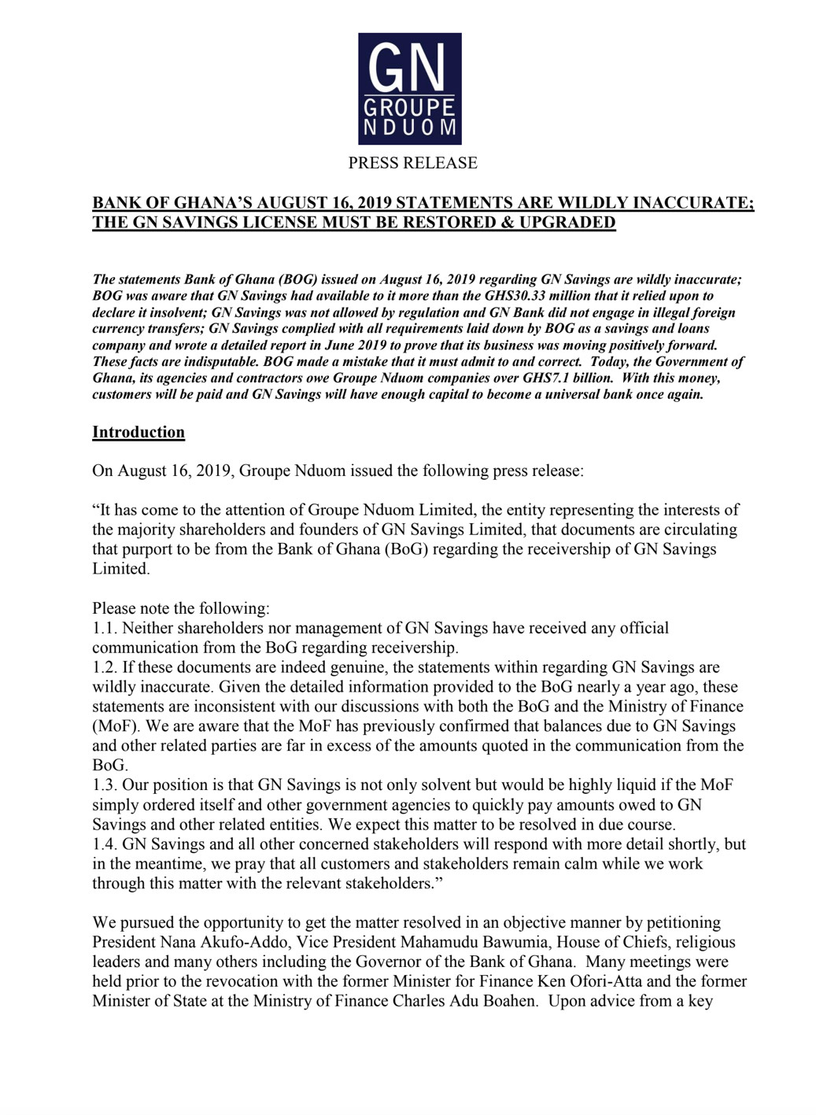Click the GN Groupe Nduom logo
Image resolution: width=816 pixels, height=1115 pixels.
(x=409, y=88)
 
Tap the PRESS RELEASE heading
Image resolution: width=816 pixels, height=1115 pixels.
(x=412, y=163)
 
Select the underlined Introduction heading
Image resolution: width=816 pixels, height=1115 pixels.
(x=138, y=432)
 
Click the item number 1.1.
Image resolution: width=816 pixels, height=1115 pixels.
(x=105, y=628)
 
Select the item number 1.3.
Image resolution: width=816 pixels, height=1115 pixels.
(x=105, y=785)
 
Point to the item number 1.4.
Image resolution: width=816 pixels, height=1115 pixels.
(x=105, y=844)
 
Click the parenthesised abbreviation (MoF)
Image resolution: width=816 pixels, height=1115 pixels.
(x=113, y=726)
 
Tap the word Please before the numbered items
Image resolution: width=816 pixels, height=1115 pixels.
(x=115, y=608)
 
